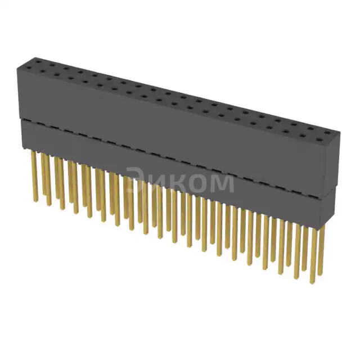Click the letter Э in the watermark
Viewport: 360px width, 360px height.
coord(134,181)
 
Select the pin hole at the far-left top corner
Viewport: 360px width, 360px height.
coord(26,58)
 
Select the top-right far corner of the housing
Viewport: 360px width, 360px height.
coord(340,132)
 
